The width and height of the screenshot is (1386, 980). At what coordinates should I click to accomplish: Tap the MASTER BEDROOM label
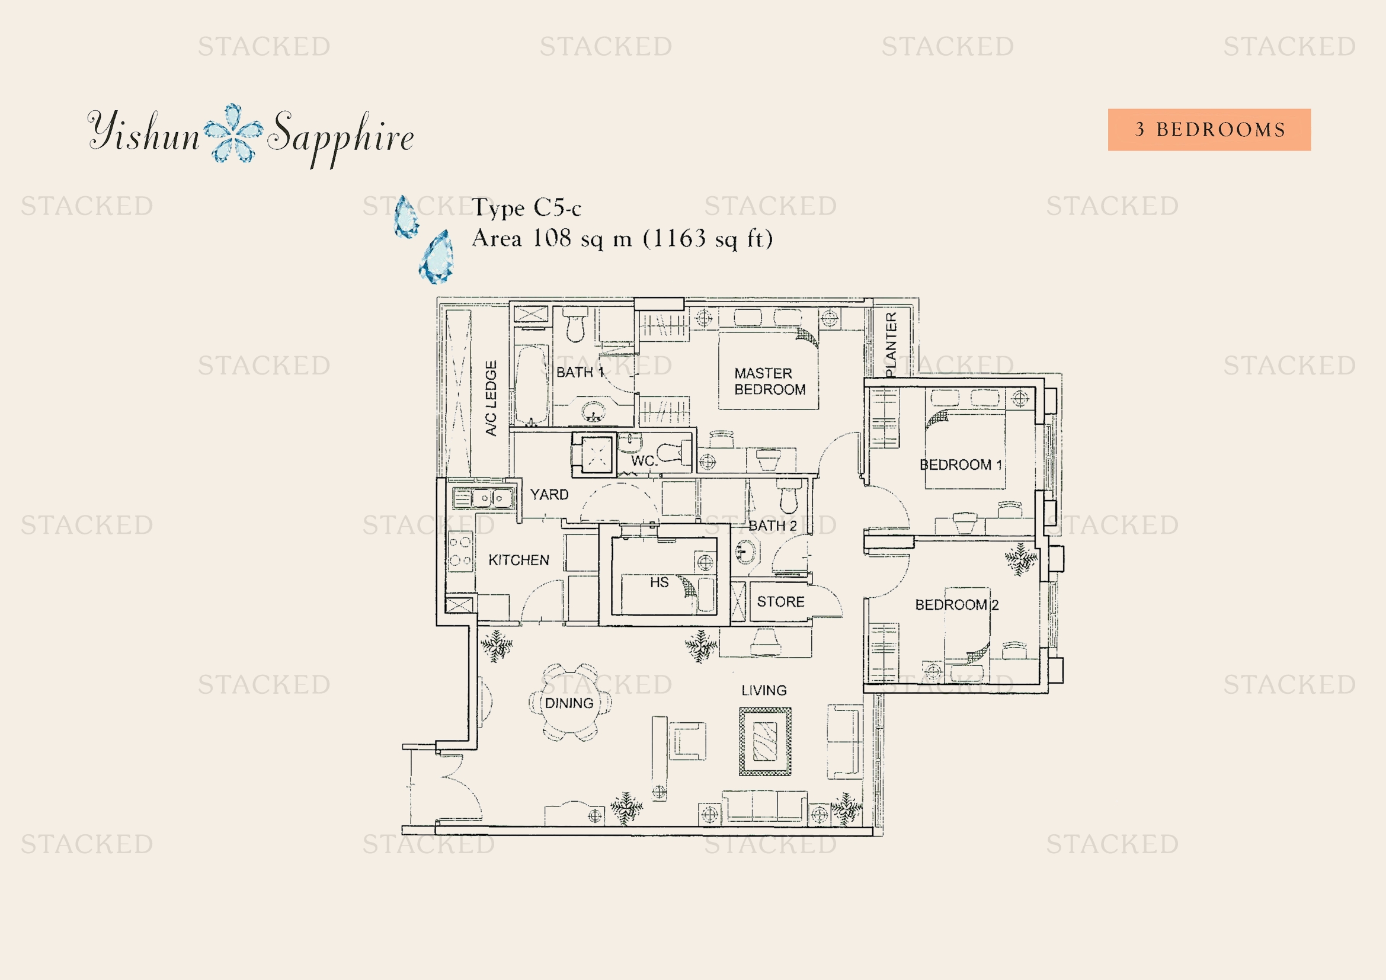pyautogui.click(x=769, y=382)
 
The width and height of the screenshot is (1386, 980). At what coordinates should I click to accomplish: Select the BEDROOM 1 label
pyautogui.click(x=961, y=465)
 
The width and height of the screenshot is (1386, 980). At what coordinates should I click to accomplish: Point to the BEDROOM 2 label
pyautogui.click(x=956, y=605)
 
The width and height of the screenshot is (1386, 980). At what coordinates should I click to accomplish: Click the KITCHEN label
pyautogui.click(x=518, y=560)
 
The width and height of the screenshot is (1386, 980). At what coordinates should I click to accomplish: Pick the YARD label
pyautogui.click(x=549, y=495)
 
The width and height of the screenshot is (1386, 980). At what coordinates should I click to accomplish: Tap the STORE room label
pyautogui.click(x=780, y=601)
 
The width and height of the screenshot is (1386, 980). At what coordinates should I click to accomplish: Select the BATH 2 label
pyautogui.click(x=772, y=526)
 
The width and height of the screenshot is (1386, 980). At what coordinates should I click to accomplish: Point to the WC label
pyautogui.click(x=644, y=461)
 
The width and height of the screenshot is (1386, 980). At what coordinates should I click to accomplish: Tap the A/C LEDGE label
pyautogui.click(x=491, y=398)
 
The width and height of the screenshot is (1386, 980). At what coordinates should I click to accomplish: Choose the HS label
pyautogui.click(x=659, y=582)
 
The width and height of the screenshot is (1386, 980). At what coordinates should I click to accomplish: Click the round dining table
pyautogui.click(x=570, y=703)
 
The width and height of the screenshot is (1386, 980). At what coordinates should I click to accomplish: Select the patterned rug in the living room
pyautogui.click(x=765, y=742)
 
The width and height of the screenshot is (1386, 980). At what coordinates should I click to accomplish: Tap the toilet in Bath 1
pyautogui.click(x=575, y=326)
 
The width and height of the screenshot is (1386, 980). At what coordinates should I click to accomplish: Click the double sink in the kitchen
pyautogui.click(x=492, y=498)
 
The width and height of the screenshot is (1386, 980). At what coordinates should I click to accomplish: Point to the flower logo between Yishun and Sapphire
pyautogui.click(x=233, y=133)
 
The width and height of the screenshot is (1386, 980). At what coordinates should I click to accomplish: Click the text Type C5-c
pyautogui.click(x=526, y=207)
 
